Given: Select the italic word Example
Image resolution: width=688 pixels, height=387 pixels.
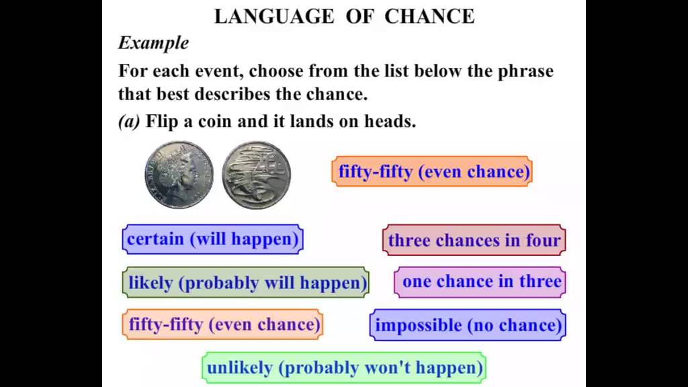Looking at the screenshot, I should click(x=153, y=43).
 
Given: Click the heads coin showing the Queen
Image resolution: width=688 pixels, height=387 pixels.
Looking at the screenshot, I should click(x=179, y=174).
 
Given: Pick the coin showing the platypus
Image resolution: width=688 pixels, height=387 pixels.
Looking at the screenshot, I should click(x=257, y=174).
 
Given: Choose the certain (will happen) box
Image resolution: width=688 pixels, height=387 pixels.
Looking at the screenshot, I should click(x=212, y=239).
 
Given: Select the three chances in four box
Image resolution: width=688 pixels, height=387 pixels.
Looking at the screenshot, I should click(x=474, y=241).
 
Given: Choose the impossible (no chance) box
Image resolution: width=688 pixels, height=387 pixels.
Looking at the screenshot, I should click(x=468, y=325).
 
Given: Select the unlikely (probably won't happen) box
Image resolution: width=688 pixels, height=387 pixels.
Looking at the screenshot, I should click(x=345, y=368).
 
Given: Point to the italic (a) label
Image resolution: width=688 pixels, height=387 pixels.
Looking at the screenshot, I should click(x=130, y=122).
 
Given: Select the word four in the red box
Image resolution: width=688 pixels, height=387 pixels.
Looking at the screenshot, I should click(x=543, y=241).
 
